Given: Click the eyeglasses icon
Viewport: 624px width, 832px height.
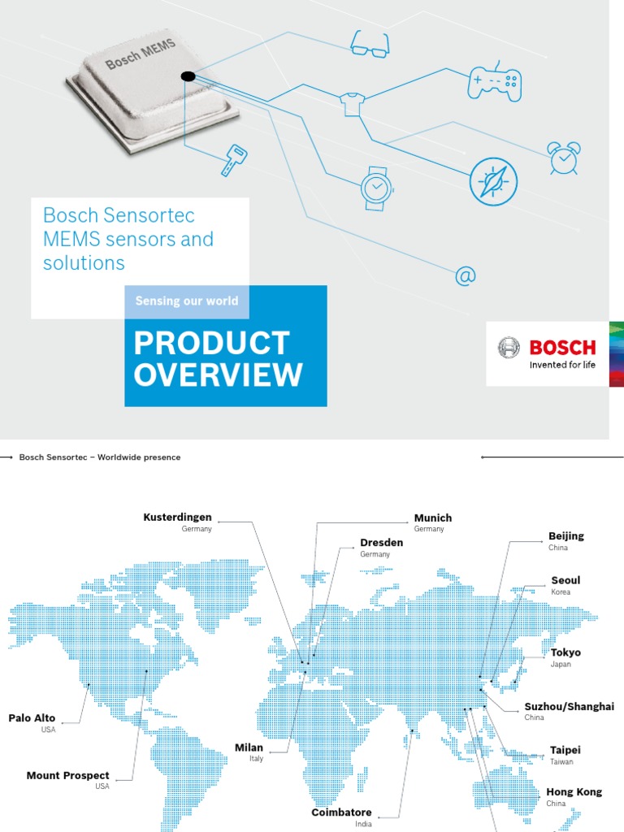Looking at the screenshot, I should [370, 44].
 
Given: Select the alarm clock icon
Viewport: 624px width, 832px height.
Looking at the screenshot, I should [563, 158].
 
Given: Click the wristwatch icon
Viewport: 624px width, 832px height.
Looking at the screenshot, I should [375, 188].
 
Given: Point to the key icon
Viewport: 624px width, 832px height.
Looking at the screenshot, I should [233, 160].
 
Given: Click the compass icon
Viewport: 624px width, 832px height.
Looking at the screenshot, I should [493, 181].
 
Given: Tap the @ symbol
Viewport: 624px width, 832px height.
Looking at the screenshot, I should [465, 277].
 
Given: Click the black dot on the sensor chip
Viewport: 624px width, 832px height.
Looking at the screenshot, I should [188, 77].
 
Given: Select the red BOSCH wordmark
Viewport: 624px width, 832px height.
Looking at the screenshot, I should [562, 348].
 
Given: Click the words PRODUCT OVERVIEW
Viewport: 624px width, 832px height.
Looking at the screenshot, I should [218, 359].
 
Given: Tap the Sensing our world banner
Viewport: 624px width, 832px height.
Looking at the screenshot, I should [187, 301].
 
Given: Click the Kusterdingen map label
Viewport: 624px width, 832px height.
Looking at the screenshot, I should [177, 518].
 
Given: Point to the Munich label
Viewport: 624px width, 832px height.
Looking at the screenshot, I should [433, 518].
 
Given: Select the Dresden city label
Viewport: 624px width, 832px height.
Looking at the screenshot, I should [380, 543].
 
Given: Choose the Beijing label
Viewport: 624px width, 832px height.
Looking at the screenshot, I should [566, 536].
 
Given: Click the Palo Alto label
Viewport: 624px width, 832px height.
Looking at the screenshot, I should [32, 718].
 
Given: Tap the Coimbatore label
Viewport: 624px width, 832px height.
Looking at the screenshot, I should [341, 812].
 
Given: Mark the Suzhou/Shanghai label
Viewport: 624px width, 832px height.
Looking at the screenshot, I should [569, 707].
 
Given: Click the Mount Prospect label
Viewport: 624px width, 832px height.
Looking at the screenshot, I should [67, 776].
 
